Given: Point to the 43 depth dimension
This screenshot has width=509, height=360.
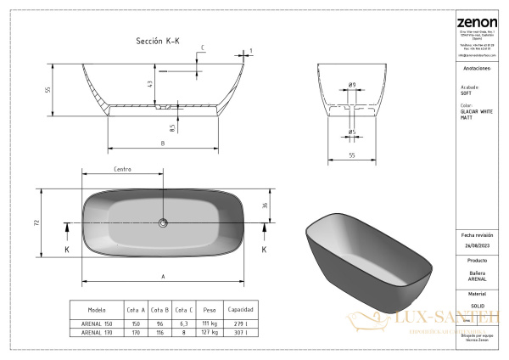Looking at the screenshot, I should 150,84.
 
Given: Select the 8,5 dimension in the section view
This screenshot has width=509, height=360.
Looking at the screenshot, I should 172,127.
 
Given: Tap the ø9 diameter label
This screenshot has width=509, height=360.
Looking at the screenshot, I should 351,84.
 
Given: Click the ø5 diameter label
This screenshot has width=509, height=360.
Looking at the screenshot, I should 351,132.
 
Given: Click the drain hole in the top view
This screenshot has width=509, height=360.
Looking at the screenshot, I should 163,223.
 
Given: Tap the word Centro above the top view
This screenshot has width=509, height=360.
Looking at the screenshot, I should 122,171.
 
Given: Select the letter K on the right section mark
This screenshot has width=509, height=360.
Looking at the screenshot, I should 264,250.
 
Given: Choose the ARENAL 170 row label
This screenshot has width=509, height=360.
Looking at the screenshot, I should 97,334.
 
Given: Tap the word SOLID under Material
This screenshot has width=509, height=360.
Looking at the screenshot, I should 477,303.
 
